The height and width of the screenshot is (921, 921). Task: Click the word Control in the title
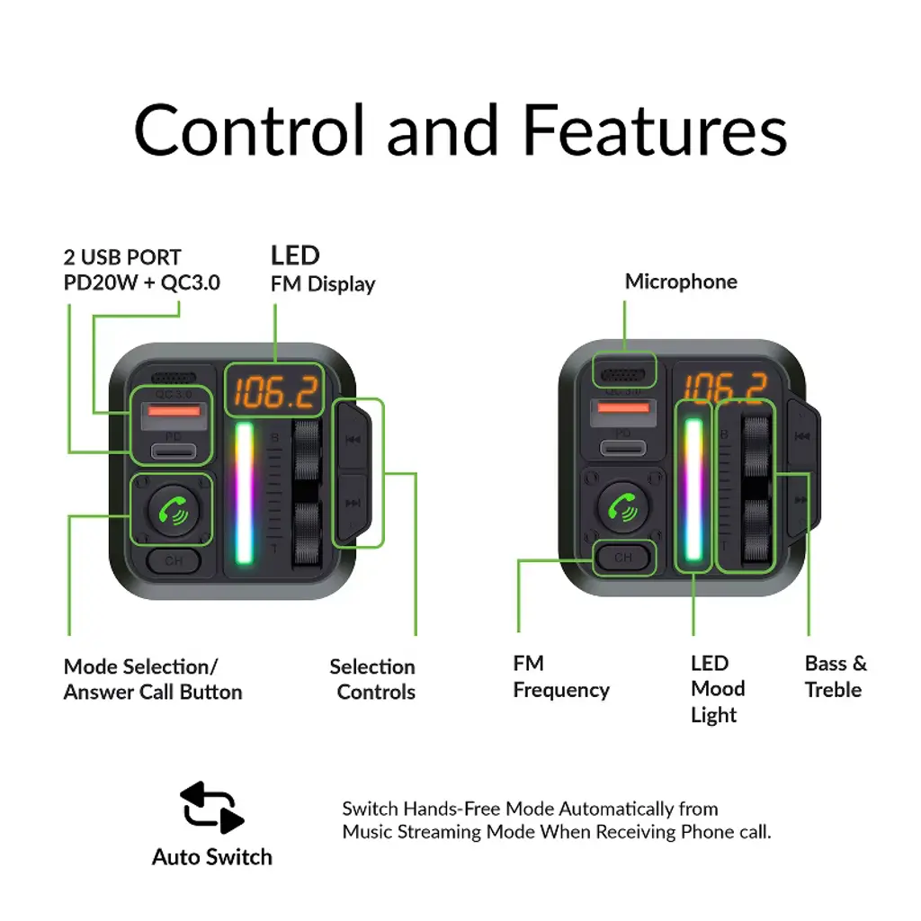250,130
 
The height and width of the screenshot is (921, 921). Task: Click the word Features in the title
655,130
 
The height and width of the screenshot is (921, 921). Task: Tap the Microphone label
681,282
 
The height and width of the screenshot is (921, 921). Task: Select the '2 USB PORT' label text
122,257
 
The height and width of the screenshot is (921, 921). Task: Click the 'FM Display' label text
323,284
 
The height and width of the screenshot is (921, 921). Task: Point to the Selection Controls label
373,679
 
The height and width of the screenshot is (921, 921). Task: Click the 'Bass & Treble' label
836,676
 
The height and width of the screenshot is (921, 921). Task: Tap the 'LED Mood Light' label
717,689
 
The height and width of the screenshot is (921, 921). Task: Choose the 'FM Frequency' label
560,676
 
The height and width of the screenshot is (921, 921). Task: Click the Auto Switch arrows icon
212,807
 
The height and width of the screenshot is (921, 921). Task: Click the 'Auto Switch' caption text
212,857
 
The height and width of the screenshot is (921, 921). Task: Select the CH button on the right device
623,558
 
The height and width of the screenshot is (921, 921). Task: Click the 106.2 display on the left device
275,391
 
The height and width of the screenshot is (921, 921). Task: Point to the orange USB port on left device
174,411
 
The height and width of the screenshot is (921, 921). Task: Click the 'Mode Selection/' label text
140,666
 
